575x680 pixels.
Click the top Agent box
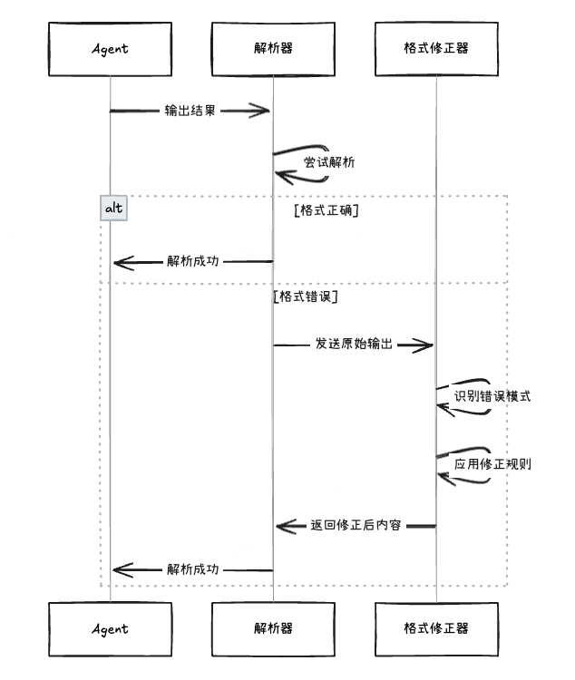pos(110,48)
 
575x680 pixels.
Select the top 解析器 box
pos(273,48)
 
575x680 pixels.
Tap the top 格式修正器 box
pos(436,48)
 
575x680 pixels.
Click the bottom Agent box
pos(110,628)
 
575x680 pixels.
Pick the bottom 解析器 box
pos(273,628)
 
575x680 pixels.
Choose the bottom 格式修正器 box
pos(436,628)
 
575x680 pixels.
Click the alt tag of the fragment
pos(113,209)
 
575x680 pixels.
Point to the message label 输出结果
pos(190,111)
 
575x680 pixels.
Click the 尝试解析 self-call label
pos(328,163)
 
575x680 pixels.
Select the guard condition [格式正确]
pos(326,210)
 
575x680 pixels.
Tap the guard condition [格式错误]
pos(306,296)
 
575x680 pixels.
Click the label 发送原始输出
pos(354,345)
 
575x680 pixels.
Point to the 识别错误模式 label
pos(492,397)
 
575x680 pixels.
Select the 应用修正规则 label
pos(492,464)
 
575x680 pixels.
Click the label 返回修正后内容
pos(356,526)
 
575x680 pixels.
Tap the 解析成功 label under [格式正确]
pos(193,262)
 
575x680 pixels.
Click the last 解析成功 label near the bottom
pos(193,570)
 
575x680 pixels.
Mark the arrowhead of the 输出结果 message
pos(263,111)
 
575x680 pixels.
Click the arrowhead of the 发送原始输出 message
pos(426,345)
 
